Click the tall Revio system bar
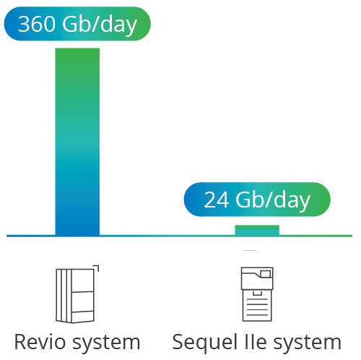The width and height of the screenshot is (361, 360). coord(77,142)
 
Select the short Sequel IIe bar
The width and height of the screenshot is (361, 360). coord(257,231)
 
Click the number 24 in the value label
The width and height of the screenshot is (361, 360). coord(217,200)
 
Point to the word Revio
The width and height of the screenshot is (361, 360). coord(40,342)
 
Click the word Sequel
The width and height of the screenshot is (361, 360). coord(205,343)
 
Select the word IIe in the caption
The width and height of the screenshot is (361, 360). coord(256,342)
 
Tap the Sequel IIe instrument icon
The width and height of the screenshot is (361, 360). coord(257,294)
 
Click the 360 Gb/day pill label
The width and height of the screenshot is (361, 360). coord(77,24)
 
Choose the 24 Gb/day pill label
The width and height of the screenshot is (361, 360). coord(257,200)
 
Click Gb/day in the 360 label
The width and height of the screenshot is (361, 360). coord(100,25)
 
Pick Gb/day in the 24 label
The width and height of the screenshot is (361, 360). coord(273,201)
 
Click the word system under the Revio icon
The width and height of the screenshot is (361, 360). coord(106,343)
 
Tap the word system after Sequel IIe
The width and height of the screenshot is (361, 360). coord(308,343)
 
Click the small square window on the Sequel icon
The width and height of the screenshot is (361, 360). coord(265,274)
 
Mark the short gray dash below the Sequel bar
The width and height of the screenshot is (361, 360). coord(250,251)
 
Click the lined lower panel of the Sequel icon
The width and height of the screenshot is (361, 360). coord(257,306)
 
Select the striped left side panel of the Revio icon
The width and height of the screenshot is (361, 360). coord(64,296)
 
